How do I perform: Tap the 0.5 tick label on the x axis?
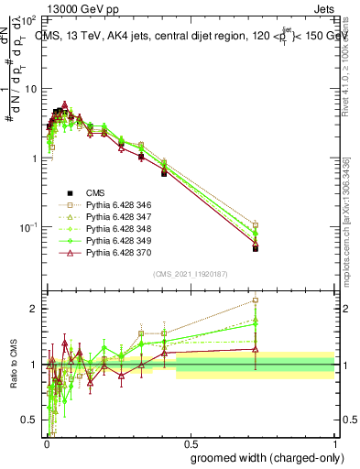[x=190, y=442]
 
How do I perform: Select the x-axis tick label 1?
[x=334, y=442]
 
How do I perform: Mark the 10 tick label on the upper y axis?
[x=29, y=88]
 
